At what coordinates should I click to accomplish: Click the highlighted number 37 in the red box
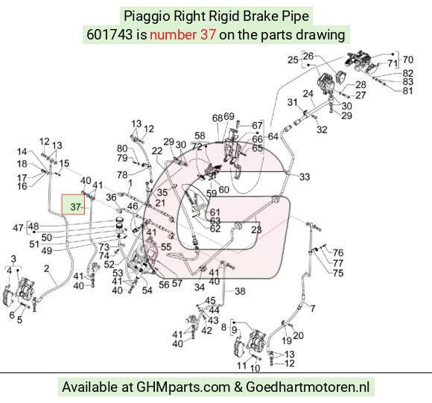tap(75, 207)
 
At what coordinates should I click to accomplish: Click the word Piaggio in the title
tap(147, 16)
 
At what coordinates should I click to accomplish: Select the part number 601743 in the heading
tap(109, 35)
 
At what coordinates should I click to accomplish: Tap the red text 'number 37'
tap(182, 35)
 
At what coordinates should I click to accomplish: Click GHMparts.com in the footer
tap(183, 387)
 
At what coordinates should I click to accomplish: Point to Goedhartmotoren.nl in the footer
tap(308, 387)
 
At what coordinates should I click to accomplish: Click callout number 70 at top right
tap(407, 60)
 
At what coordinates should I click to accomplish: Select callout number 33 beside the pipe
tap(305, 177)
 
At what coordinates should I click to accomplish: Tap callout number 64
tap(273, 136)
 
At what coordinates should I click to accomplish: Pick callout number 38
tap(240, 291)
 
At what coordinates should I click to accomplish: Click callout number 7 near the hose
tap(313, 308)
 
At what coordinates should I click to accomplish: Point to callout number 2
tap(46, 268)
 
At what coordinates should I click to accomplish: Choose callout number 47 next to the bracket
tap(18, 228)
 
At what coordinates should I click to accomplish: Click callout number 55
tap(166, 247)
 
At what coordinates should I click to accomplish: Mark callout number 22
tap(157, 150)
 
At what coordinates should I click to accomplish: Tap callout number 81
tap(407, 90)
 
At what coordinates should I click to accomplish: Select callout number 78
tap(122, 174)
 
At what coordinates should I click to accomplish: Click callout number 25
tap(293, 60)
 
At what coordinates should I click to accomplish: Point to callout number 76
tap(338, 253)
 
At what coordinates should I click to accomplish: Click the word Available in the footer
tap(89, 387)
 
